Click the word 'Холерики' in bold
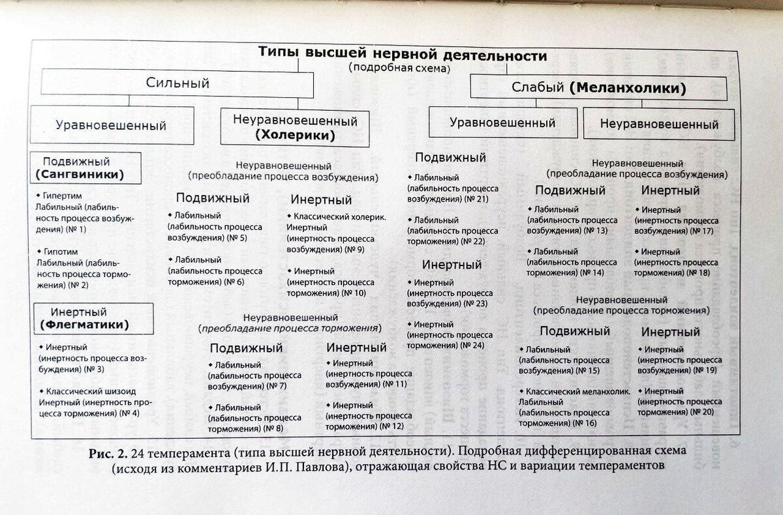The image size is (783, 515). point(295,136)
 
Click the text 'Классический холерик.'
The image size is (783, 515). point(335,216)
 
